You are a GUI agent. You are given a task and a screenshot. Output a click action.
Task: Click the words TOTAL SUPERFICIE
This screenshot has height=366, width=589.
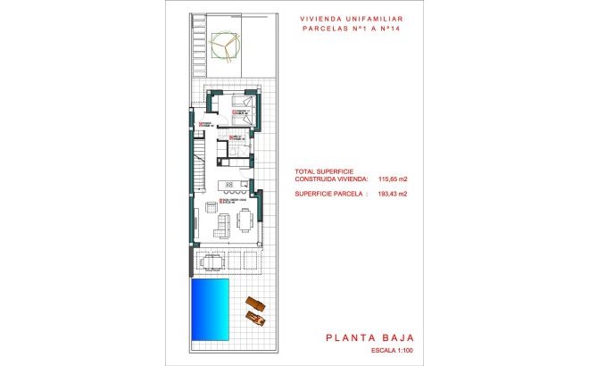[324, 171]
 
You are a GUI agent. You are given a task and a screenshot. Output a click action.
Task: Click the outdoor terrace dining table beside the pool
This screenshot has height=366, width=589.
[212, 261]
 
